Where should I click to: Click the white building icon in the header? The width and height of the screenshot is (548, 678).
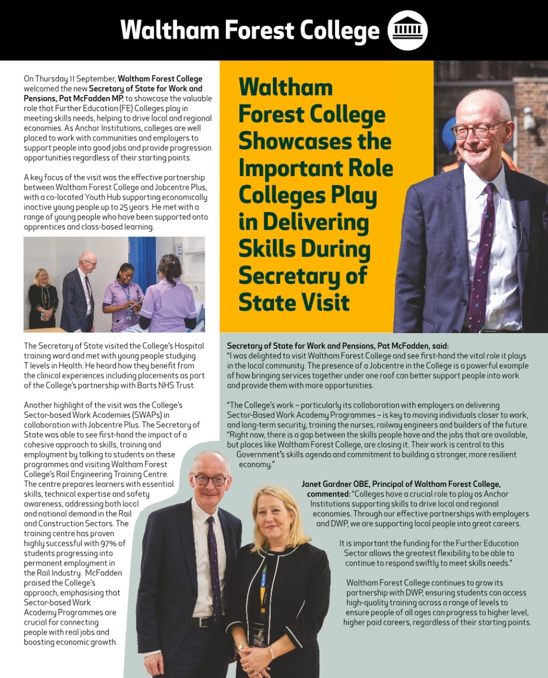[x=407, y=30]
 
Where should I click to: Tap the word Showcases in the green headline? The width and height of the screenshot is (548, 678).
[x=315, y=141]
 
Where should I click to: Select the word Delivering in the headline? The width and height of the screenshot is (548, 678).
[x=316, y=222]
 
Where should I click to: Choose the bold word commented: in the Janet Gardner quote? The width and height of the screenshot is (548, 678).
[x=328, y=494]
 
